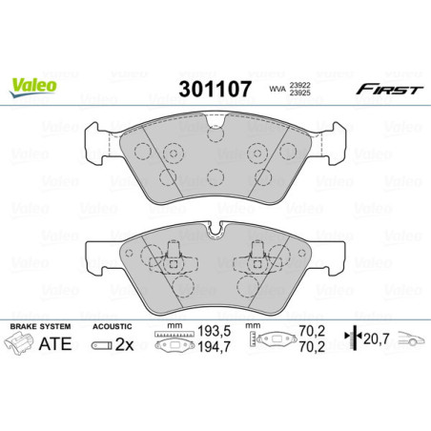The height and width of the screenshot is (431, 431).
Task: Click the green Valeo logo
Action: (33, 84)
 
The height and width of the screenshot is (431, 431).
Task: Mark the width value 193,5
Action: (206, 339)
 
